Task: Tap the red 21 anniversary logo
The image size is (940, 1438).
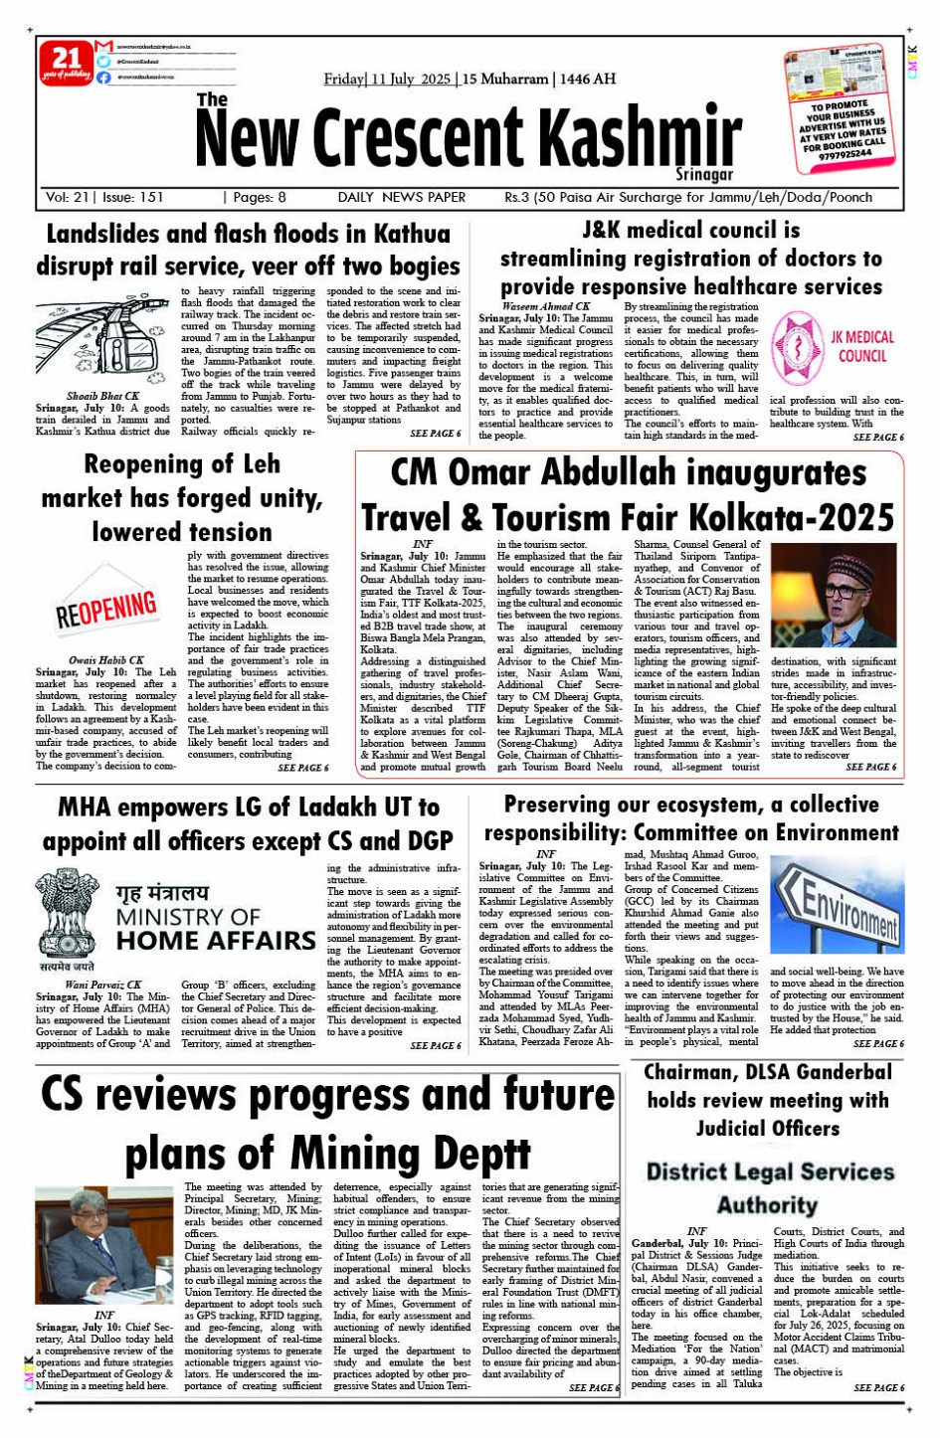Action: click(x=67, y=63)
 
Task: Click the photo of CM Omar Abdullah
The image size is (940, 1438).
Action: click(x=834, y=595)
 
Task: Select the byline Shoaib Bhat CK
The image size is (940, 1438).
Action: click(x=103, y=396)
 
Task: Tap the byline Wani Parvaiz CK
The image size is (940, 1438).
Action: click(x=103, y=985)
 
